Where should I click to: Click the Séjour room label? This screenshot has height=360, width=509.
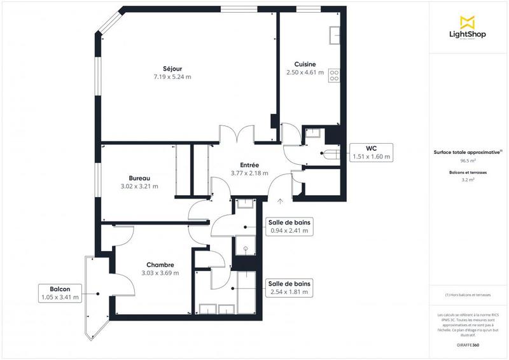(172, 68)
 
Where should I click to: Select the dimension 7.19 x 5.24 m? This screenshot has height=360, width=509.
(172, 76)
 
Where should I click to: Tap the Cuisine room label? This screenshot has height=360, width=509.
(305, 64)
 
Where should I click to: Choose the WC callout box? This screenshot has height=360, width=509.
(372, 152)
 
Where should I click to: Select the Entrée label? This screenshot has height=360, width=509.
(249, 165)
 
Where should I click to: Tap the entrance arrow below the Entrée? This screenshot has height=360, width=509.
(280, 202)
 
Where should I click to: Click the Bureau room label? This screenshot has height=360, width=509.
(139, 178)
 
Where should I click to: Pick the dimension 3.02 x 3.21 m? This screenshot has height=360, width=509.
(139, 186)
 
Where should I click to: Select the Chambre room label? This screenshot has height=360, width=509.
(160, 265)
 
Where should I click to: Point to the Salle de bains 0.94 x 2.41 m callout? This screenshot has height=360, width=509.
(289, 226)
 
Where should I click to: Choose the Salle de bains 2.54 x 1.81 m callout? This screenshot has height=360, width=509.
(289, 287)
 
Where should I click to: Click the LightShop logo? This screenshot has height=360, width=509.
(468, 27)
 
